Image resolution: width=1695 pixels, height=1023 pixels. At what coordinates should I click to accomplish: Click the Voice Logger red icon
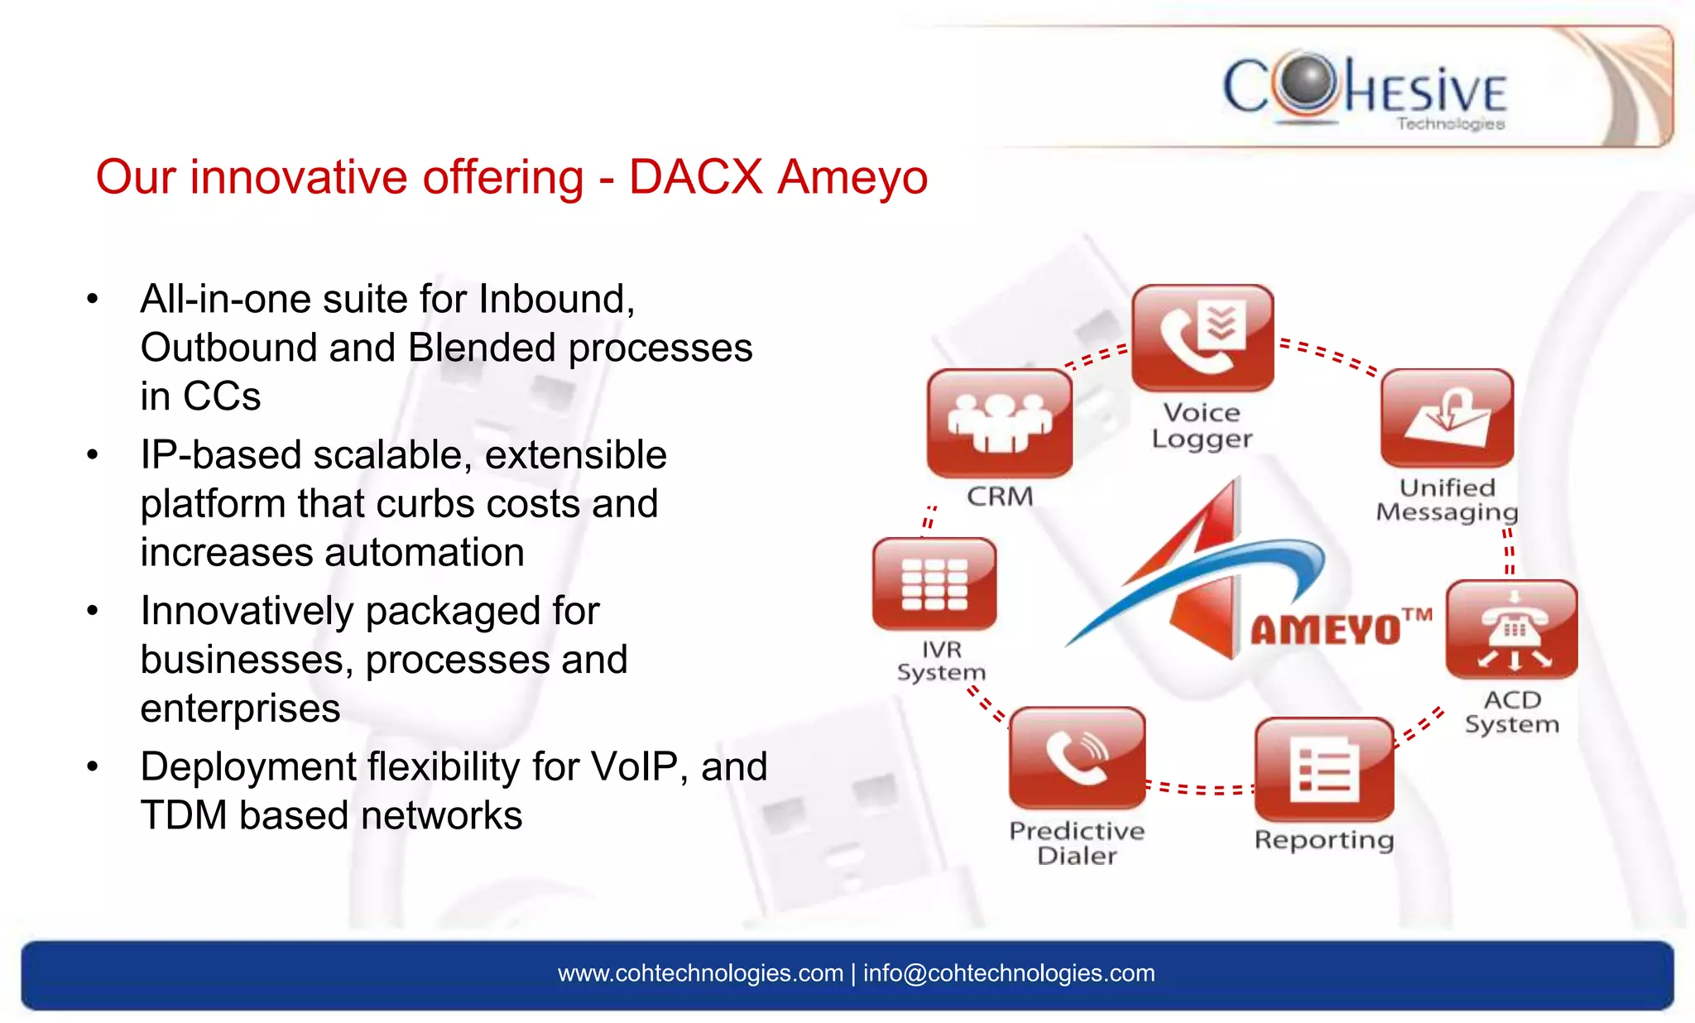[1202, 338]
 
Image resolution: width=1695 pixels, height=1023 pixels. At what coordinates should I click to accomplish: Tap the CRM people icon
[1000, 423]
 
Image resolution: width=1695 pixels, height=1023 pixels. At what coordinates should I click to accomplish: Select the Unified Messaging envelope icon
[1447, 418]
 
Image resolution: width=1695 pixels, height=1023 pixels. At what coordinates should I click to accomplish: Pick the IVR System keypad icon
[934, 584]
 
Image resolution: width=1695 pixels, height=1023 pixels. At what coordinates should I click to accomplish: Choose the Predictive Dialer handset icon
[1078, 757]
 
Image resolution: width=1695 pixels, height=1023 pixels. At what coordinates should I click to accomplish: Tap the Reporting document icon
[1324, 770]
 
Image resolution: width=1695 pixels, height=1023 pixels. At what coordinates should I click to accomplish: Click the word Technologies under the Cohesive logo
[1451, 124]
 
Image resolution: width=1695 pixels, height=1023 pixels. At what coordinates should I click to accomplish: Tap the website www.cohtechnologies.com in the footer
[700, 973]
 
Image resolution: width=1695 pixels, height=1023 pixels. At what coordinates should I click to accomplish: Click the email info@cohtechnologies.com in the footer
[1009, 973]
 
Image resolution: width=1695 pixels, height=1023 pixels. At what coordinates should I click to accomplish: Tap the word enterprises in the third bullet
[240, 708]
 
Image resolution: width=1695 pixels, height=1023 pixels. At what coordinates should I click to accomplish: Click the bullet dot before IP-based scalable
[93, 455]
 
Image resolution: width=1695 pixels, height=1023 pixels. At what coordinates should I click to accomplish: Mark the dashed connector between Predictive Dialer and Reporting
[1200, 788]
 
